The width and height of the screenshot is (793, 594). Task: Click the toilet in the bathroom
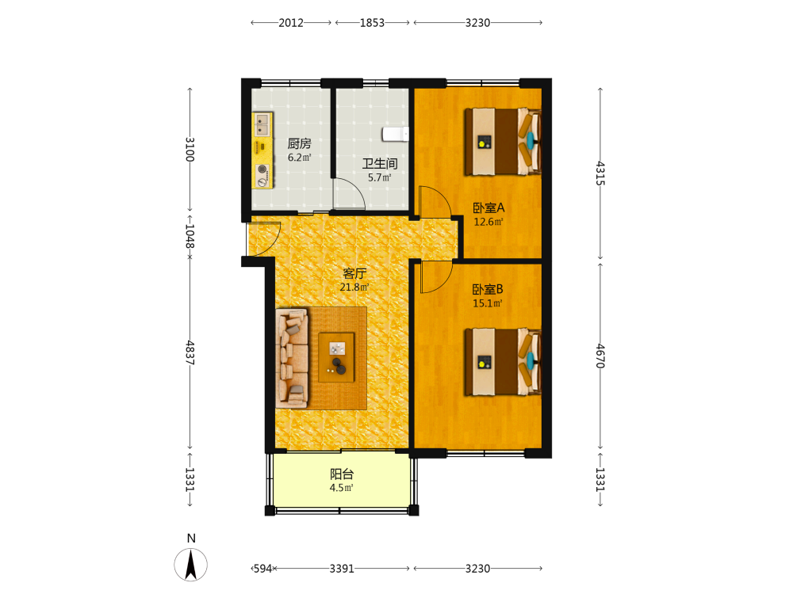tap(396, 135)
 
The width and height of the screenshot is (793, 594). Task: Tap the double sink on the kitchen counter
tap(262, 124)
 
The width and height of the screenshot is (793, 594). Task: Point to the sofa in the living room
tap(293, 358)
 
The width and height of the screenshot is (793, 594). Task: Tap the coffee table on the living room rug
tap(336, 357)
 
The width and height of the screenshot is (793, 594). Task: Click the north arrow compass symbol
tap(190, 565)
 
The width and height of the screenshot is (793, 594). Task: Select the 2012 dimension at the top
tap(291, 23)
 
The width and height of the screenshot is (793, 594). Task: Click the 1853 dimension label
tap(372, 23)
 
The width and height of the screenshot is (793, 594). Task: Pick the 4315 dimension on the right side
tap(600, 173)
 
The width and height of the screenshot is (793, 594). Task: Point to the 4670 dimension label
tap(600, 356)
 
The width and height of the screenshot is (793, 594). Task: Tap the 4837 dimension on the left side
tap(190, 353)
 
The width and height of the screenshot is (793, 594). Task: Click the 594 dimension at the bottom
tap(262, 569)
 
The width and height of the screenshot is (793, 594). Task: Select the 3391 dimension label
tap(342, 569)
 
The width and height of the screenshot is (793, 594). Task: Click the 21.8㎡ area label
tap(354, 287)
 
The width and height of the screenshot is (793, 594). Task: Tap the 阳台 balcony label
tap(342, 474)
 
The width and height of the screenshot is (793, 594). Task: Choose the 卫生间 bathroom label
tap(380, 164)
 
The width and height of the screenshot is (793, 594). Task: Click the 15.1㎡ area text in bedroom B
tap(488, 303)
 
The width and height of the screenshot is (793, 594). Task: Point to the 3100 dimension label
tap(190, 149)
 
